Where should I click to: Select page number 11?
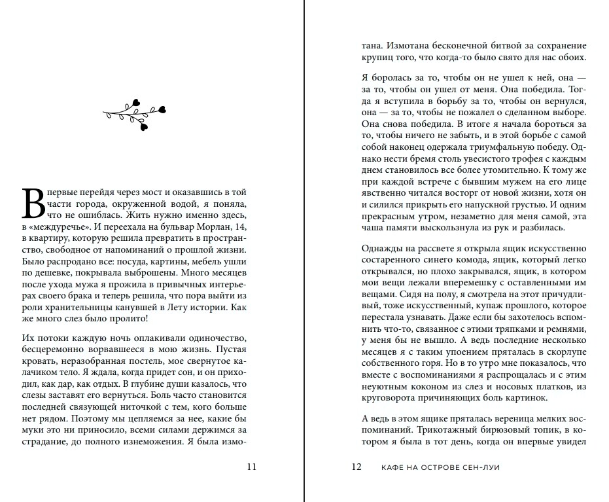[252, 467]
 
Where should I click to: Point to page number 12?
[357, 467]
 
